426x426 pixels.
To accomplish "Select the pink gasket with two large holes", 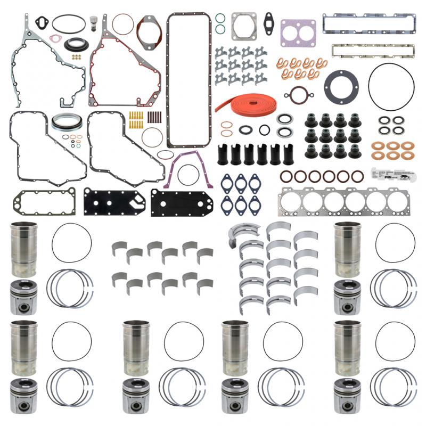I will point(298,32).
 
